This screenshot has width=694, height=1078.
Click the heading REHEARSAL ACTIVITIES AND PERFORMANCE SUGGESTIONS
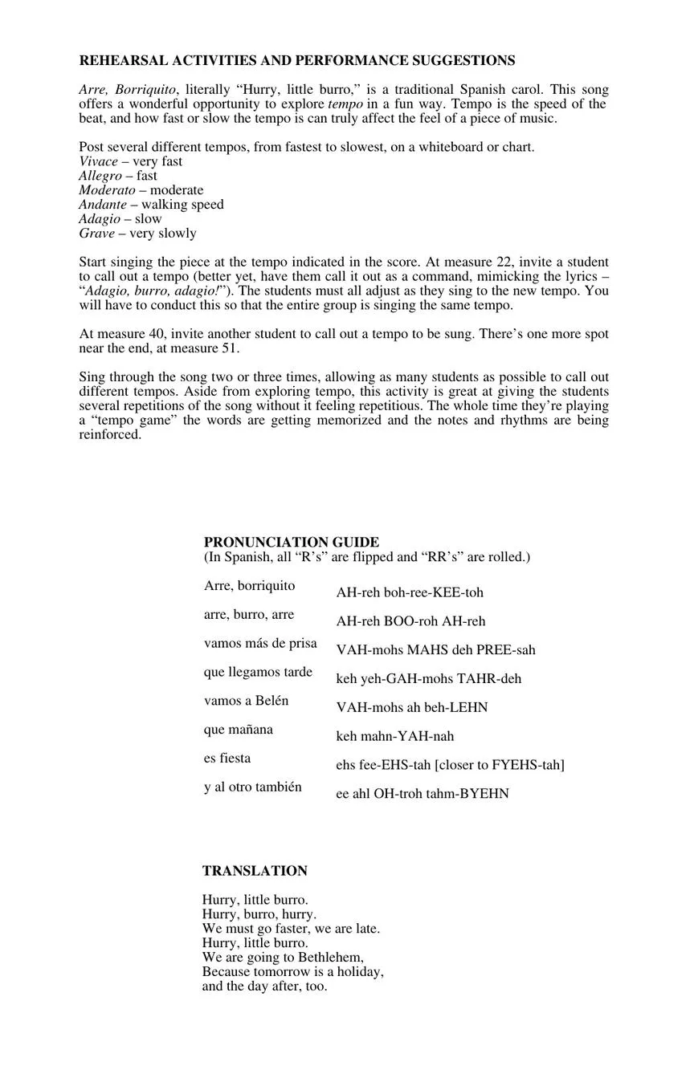point(297,61)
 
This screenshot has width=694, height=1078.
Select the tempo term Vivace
point(99,161)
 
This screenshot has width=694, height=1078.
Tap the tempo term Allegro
point(100,176)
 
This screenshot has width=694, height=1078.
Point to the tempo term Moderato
point(107,190)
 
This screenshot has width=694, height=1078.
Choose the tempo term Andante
point(103,205)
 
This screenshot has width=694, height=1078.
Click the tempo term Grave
point(96,234)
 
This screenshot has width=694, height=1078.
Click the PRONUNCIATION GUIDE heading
point(291,543)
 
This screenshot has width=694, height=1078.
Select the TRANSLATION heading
point(255,871)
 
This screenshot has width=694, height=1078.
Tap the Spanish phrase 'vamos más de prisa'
point(260,644)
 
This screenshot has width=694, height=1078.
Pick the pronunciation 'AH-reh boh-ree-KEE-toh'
point(410,593)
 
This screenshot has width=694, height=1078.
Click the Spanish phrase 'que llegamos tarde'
point(258,673)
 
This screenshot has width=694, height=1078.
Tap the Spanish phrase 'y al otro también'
point(253,787)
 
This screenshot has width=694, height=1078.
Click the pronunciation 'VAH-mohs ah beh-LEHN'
point(411,708)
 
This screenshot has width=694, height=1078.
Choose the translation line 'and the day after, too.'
point(265,986)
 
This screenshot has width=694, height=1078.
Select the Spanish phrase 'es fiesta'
point(227,759)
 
